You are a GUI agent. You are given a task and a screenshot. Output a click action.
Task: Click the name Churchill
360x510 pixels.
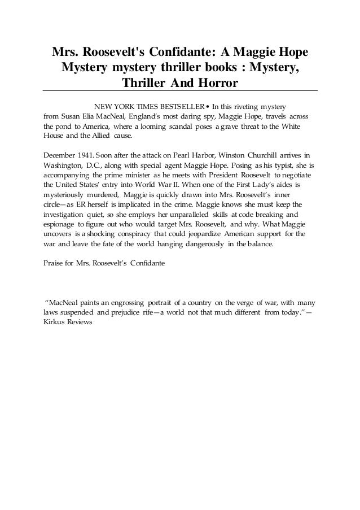251,154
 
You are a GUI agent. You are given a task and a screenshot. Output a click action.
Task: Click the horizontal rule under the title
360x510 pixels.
180,91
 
